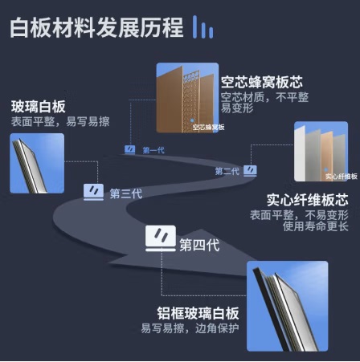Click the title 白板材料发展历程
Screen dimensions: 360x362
click(x=96, y=27)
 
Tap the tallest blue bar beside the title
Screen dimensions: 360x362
click(x=195, y=26)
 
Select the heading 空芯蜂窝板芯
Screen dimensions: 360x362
click(x=262, y=82)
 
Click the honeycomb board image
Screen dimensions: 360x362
click(x=187, y=98)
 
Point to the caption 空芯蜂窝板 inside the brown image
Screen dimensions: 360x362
click(x=208, y=127)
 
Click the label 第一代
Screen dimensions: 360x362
click(x=153, y=150)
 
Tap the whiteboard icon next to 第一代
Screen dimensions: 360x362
click(x=130, y=149)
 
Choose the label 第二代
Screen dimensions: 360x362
click(x=227, y=171)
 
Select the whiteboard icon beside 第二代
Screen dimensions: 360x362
click(x=250, y=171)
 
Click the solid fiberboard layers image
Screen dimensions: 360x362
click(x=321, y=152)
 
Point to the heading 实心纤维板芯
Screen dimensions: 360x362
click(x=308, y=200)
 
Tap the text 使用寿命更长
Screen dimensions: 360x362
click(x=316, y=226)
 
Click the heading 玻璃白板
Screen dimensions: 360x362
click(x=39, y=107)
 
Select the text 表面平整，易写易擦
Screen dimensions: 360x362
click(x=60, y=121)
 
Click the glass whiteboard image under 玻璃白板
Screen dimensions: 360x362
click(x=37, y=163)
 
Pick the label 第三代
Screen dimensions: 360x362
click(x=126, y=193)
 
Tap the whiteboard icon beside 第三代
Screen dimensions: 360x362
click(x=93, y=192)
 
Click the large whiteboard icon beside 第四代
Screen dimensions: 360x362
click(x=161, y=238)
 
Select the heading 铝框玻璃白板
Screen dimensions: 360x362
click(x=198, y=313)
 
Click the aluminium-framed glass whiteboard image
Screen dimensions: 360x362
click(x=287, y=306)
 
